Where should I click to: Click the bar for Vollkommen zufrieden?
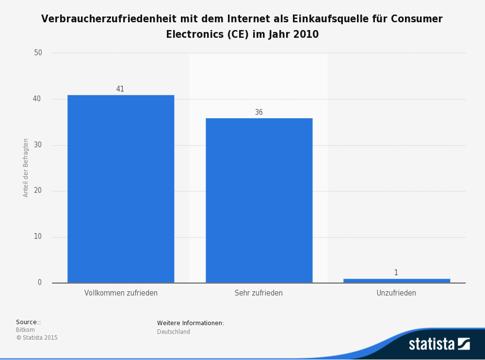click(x=121, y=188)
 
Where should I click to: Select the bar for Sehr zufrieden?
click(x=259, y=200)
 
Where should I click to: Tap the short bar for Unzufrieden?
click(x=397, y=281)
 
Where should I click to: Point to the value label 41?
click(x=120, y=89)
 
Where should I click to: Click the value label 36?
click(x=259, y=112)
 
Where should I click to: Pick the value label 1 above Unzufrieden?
click(x=396, y=273)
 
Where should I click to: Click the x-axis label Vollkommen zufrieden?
click(x=121, y=293)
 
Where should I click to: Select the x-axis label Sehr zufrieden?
click(x=259, y=293)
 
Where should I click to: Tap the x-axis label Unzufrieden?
click(x=396, y=293)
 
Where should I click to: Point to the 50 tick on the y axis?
click(x=38, y=53)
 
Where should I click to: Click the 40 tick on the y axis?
click(x=37, y=99)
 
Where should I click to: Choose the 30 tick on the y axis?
click(x=38, y=145)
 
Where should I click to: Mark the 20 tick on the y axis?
click(x=38, y=191)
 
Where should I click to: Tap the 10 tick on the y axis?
click(x=38, y=237)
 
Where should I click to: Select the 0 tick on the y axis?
click(x=40, y=282)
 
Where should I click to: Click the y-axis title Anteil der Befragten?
click(x=26, y=168)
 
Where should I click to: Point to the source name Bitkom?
click(x=25, y=330)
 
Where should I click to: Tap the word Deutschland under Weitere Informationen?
click(x=174, y=332)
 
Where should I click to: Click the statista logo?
click(x=439, y=344)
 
